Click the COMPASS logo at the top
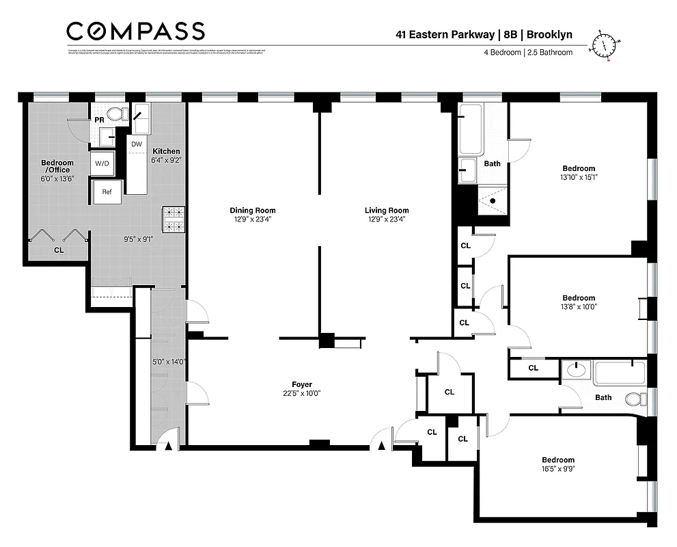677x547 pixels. click(135, 31)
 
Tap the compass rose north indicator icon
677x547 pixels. click(604, 45)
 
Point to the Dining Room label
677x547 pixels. click(253, 211)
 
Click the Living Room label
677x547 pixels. click(387, 211)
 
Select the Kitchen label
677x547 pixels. click(166, 151)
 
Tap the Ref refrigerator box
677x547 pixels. click(107, 192)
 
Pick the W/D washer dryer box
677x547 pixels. click(102, 163)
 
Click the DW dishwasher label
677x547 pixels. click(137, 144)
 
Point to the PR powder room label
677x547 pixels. click(99, 119)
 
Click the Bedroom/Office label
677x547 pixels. click(57, 166)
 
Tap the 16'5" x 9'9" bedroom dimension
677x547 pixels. click(558, 469)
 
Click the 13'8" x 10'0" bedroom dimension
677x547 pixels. click(579, 307)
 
